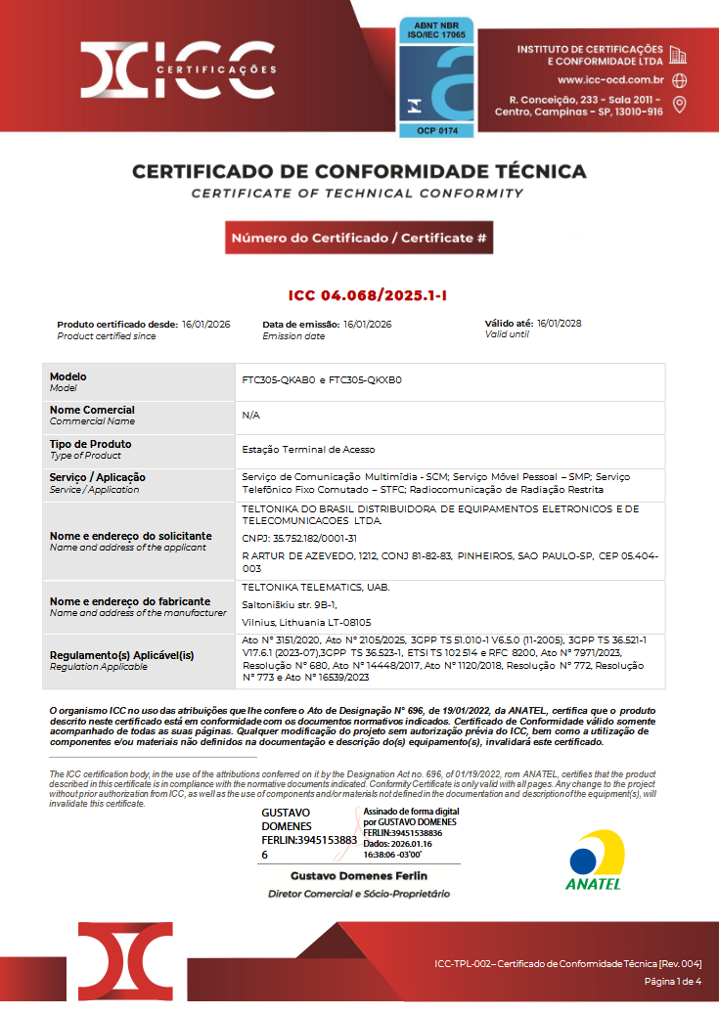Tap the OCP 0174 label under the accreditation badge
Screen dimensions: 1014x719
pos(435,130)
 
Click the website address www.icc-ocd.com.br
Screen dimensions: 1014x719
pos(610,80)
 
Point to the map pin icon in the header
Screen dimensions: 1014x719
pos(680,105)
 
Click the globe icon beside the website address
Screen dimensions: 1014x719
pos(680,80)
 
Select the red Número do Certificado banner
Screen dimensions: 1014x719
pos(359,238)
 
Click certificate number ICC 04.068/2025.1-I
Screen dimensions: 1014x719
pos(359,295)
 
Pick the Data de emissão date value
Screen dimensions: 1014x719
pos(368,324)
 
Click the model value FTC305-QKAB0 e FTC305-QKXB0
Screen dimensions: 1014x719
pos(322,379)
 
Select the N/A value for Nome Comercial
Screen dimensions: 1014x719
pos(249,415)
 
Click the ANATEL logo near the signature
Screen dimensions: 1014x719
pos(593,860)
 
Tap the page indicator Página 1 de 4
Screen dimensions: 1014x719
pos(672,981)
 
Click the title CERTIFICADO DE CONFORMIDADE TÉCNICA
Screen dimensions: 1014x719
pos(359,172)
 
